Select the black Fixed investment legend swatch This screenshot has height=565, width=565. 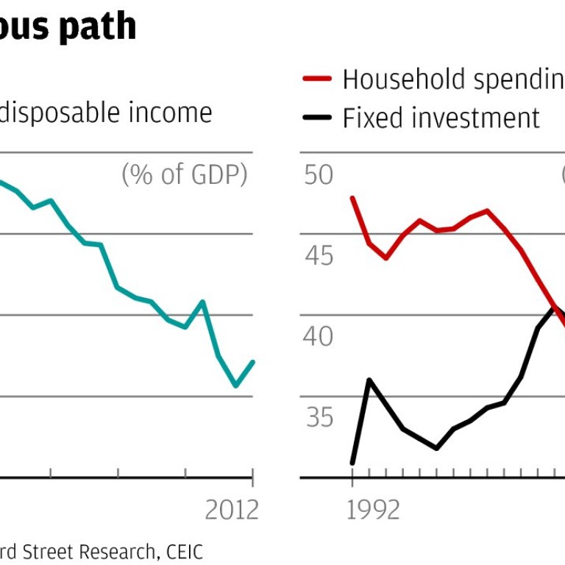pyautogui.click(x=317, y=118)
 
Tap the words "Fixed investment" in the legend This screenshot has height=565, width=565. pyautogui.click(x=441, y=118)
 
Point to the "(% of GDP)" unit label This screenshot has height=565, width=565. pyautogui.click(x=184, y=175)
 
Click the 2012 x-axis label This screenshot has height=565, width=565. pyautogui.click(x=232, y=509)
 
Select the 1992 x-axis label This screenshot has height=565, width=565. pyautogui.click(x=372, y=509)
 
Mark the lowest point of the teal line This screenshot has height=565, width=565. pyautogui.click(x=236, y=385)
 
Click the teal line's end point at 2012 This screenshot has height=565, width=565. pyautogui.click(x=253, y=361)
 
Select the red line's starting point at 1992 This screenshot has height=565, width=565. pyautogui.click(x=353, y=197)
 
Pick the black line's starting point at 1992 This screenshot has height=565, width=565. pyautogui.click(x=353, y=463)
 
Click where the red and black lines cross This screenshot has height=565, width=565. pyautogui.click(x=553, y=307)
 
